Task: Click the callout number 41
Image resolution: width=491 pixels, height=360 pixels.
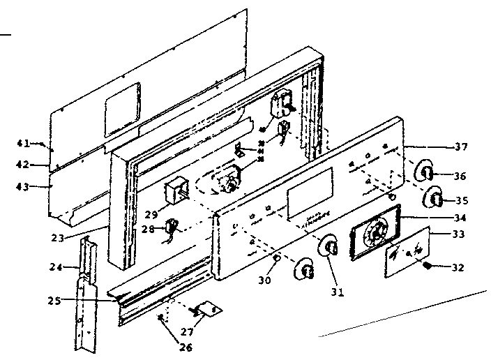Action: [23, 143]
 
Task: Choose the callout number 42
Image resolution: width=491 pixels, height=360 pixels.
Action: [23, 165]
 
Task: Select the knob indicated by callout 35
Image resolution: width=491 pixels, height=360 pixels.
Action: [433, 198]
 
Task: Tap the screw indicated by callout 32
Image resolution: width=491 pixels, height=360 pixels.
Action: [425, 266]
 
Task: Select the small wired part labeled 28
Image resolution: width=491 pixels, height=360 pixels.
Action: [169, 227]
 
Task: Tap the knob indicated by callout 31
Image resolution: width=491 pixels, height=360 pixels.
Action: [331, 248]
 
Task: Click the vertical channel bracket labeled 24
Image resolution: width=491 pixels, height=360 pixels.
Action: [88, 293]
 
